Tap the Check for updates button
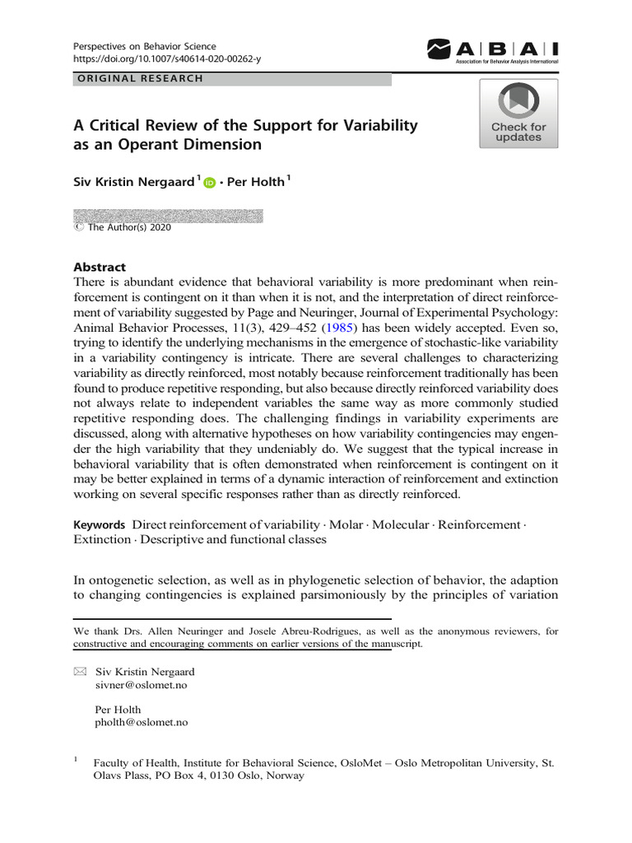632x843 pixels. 518,114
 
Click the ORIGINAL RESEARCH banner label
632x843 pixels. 140,79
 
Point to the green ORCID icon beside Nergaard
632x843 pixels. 208,184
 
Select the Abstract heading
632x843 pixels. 100,267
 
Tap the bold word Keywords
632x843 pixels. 99,524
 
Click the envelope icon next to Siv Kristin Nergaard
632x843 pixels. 79,672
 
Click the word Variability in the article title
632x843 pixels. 376,126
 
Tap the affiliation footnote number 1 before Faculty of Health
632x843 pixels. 76,761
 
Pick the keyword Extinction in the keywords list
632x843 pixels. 101,540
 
